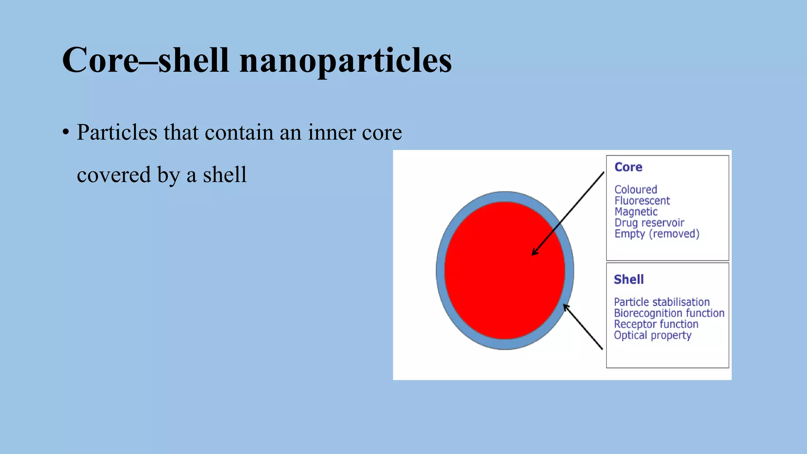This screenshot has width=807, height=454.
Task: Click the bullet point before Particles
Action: click(65, 132)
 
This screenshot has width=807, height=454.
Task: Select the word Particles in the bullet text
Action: click(117, 132)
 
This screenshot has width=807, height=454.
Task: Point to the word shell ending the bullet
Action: click(225, 175)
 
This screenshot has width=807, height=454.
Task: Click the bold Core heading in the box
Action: click(628, 167)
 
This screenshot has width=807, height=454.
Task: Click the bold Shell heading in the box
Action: click(628, 279)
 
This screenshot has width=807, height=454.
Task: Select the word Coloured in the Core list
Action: click(636, 190)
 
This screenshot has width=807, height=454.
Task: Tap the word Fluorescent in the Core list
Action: click(642, 201)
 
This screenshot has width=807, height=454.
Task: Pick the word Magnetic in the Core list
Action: click(636, 212)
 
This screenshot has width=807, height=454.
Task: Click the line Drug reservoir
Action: click(649, 223)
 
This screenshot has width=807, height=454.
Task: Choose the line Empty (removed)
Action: click(656, 234)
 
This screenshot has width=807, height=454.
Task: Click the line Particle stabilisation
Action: click(662, 302)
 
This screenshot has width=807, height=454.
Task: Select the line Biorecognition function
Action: click(669, 313)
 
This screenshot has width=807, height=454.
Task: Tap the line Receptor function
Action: click(656, 324)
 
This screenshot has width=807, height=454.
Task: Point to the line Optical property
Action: click(652, 335)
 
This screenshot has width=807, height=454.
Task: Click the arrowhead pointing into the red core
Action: click(534, 253)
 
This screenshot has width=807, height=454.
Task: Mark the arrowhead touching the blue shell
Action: click(565, 306)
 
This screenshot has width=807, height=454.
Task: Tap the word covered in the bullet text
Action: click(113, 175)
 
